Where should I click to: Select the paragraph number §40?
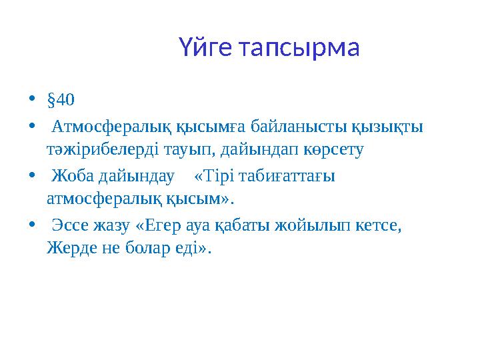61,101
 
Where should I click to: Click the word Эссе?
73,225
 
